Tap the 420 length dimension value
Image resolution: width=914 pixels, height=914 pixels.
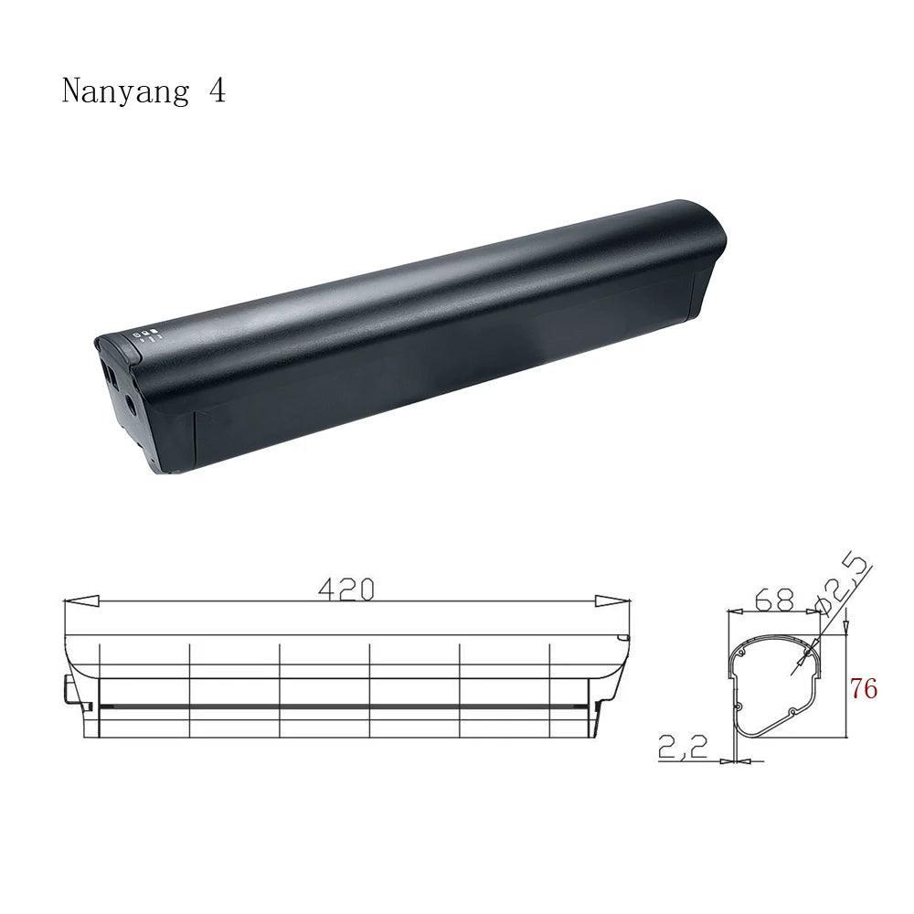tap(345, 590)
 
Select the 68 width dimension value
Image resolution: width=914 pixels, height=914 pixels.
tap(775, 602)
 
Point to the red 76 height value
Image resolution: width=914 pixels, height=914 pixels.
tap(863, 688)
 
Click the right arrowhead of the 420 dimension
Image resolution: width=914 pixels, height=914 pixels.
tap(611, 602)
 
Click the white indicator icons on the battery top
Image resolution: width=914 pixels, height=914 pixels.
tap(146, 335)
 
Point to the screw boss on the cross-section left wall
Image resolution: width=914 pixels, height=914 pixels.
tap(737, 706)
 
